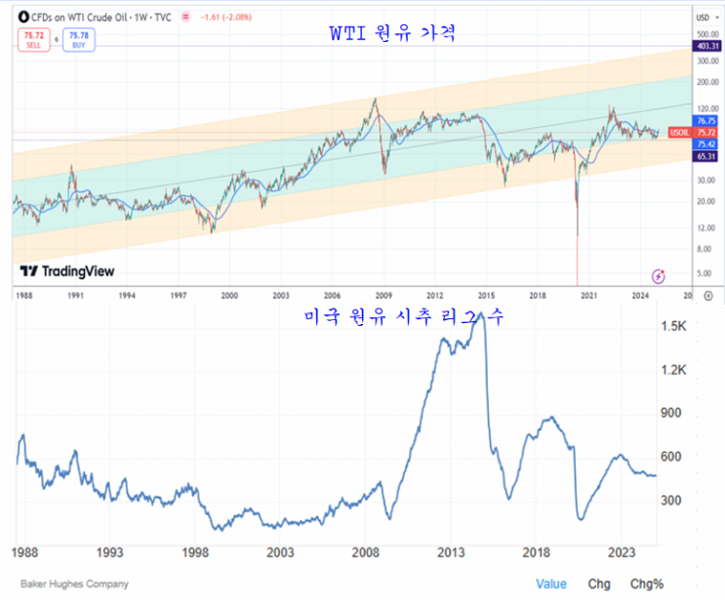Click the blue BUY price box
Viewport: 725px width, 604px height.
78,41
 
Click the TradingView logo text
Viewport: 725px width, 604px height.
67,272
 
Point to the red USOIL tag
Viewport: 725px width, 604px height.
679,132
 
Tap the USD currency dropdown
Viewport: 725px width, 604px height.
704,18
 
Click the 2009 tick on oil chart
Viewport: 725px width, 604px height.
383,294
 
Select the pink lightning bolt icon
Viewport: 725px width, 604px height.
660,276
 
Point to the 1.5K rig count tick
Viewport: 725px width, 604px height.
674,326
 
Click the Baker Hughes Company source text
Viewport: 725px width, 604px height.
74,584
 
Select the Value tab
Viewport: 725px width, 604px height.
551,584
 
